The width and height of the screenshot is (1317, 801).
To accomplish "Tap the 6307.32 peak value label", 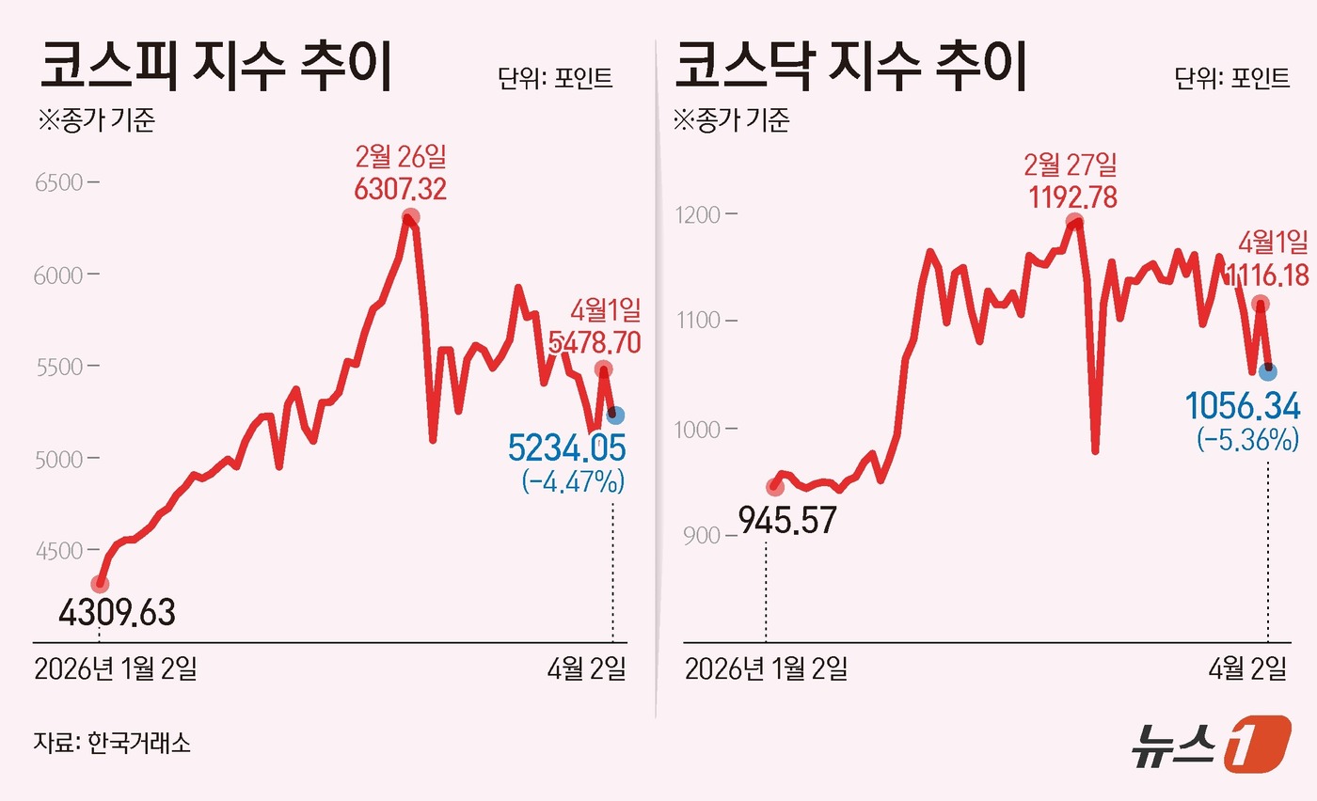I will click(x=400, y=189).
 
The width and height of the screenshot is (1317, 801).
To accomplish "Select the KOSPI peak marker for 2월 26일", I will click(x=409, y=218).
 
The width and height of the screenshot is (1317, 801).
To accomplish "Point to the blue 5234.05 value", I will click(x=566, y=448).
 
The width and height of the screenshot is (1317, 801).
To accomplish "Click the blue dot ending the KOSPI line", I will click(x=615, y=416).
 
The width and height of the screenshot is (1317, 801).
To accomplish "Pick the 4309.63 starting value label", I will click(x=117, y=614).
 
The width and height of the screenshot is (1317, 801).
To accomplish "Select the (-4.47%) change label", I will click(x=572, y=482).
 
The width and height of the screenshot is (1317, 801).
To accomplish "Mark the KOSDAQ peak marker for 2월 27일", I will click(x=1075, y=223).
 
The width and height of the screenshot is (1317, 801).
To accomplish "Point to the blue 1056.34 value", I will click(x=1243, y=407).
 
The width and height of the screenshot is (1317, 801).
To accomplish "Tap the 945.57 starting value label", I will click(x=786, y=520).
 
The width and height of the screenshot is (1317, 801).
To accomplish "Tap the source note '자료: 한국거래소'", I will click(x=112, y=743).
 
